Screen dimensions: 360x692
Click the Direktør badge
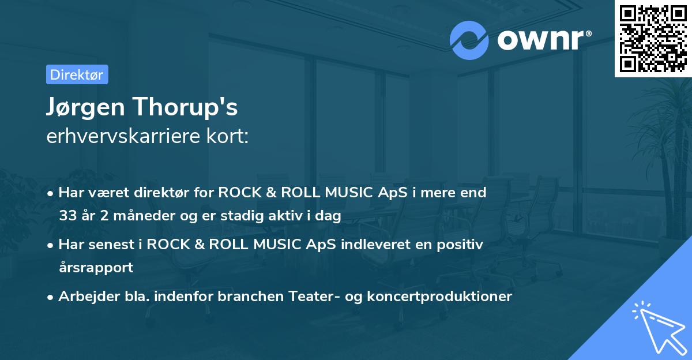tap(77, 74)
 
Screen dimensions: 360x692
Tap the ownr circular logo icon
tap(469, 40)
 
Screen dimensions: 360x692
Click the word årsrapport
tap(96, 268)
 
